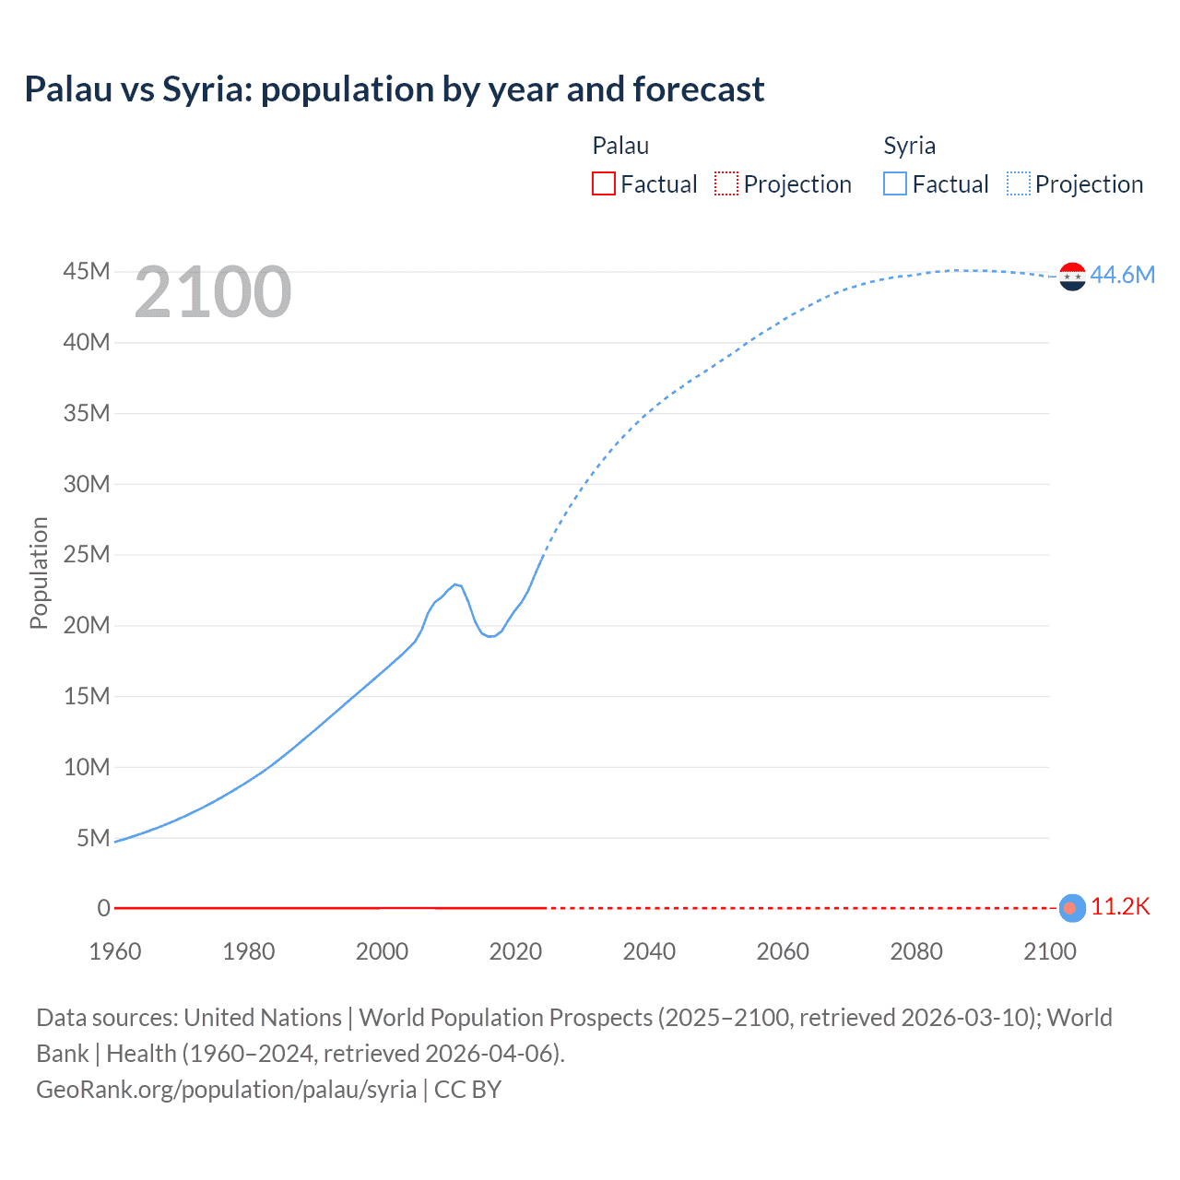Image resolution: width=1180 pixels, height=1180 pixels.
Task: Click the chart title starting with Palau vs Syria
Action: tap(394, 89)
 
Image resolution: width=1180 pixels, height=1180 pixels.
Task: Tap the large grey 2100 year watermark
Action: tap(213, 292)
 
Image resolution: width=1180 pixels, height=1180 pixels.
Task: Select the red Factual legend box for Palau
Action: tap(603, 184)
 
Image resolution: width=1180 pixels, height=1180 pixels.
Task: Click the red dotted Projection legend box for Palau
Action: tap(726, 184)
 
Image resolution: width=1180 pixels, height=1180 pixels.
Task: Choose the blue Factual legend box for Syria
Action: tap(894, 184)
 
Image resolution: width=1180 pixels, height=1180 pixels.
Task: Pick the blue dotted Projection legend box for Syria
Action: tap(1018, 184)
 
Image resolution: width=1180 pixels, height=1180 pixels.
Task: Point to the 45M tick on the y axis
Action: tap(87, 272)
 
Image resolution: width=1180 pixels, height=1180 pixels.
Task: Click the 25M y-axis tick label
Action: tap(87, 555)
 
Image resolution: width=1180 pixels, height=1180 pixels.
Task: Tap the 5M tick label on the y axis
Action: tap(92, 838)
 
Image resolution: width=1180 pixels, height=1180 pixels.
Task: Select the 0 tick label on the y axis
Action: tap(104, 909)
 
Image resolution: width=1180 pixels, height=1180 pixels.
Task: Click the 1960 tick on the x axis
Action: tap(115, 951)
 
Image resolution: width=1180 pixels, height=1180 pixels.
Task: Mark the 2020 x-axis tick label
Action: tap(515, 951)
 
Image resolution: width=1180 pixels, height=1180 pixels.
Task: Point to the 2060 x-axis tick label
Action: tap(783, 951)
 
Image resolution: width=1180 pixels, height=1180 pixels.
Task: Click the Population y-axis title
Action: tap(39, 572)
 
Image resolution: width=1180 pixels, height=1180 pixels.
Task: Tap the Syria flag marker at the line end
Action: tap(1072, 276)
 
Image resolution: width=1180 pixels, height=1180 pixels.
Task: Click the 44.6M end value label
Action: tap(1122, 275)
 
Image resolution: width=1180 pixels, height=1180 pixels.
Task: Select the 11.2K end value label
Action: tap(1120, 907)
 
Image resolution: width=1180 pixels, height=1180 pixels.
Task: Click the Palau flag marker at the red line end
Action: tap(1071, 908)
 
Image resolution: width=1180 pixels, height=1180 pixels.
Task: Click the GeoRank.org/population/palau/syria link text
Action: tap(226, 1090)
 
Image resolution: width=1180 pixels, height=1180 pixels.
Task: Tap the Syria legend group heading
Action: tap(909, 146)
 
